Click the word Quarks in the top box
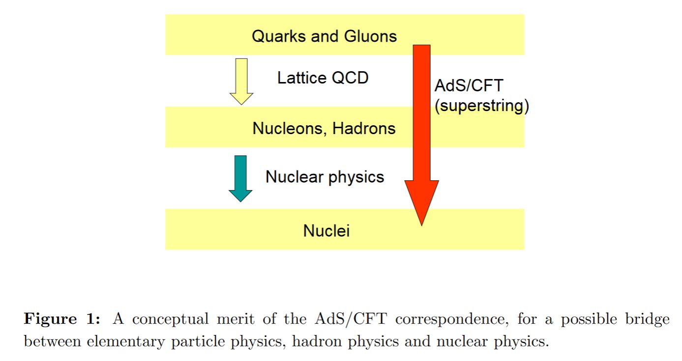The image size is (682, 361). (x=279, y=36)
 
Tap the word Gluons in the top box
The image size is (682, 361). (x=371, y=36)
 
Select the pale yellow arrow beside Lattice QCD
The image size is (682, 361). (x=241, y=82)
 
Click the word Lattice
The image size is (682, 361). (x=302, y=78)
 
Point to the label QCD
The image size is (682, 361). (x=350, y=78)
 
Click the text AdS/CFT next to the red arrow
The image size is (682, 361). (x=469, y=85)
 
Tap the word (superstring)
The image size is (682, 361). (x=482, y=106)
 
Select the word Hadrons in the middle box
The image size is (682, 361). (x=364, y=128)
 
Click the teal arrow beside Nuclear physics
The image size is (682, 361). (x=240, y=178)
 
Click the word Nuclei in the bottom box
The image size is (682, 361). (x=326, y=231)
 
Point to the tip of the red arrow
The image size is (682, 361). (x=422, y=225)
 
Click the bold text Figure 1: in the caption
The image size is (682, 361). (x=62, y=319)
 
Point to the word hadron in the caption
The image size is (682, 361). (x=317, y=341)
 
